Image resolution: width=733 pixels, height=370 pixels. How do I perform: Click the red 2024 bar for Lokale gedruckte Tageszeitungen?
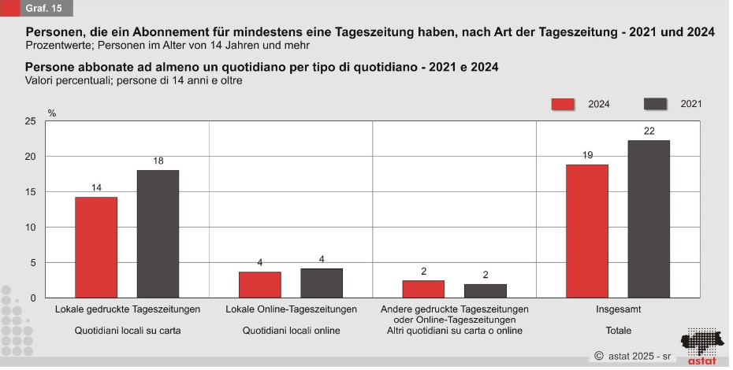click(x=96, y=247)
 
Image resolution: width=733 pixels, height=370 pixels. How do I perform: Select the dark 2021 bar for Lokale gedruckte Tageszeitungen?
click(x=158, y=234)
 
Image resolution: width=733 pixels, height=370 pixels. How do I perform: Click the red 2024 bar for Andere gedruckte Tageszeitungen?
click(x=423, y=289)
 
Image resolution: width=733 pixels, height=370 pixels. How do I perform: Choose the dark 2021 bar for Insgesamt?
click(x=649, y=219)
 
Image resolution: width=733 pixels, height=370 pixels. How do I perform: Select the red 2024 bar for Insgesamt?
click(x=587, y=231)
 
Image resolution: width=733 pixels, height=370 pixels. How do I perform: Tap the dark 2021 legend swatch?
click(x=656, y=104)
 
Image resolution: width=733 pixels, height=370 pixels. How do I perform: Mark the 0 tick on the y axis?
click(x=33, y=298)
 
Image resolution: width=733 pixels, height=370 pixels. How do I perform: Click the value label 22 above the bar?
click(x=649, y=131)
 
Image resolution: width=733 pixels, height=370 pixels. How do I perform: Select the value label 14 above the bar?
click(x=96, y=188)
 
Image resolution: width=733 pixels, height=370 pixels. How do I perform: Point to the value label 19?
click(x=587, y=155)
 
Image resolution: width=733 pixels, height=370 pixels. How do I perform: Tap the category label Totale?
click(x=618, y=331)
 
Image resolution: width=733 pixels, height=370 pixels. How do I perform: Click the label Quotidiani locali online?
click(x=291, y=331)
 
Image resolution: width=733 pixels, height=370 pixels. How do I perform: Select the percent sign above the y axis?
click(x=52, y=113)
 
